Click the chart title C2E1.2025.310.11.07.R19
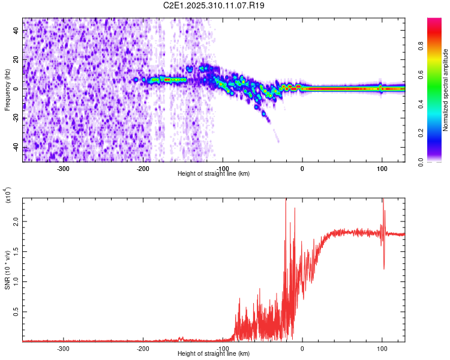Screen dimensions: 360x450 [x=214, y=5]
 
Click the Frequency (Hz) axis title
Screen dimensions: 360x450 [x=8, y=90]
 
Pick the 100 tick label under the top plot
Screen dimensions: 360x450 [x=382, y=168]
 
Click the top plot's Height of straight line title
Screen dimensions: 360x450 [x=214, y=174]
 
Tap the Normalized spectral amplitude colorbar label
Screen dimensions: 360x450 [x=446, y=90]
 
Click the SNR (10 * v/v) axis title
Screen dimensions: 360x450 [x=8, y=270]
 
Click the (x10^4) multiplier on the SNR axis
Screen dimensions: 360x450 [x=8, y=195]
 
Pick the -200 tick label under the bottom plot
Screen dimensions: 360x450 [x=143, y=348]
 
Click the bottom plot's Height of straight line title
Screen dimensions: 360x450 [x=214, y=354]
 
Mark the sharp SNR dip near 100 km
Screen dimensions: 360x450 [x=384, y=268]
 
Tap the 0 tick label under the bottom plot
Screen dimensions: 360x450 [x=302, y=348]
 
